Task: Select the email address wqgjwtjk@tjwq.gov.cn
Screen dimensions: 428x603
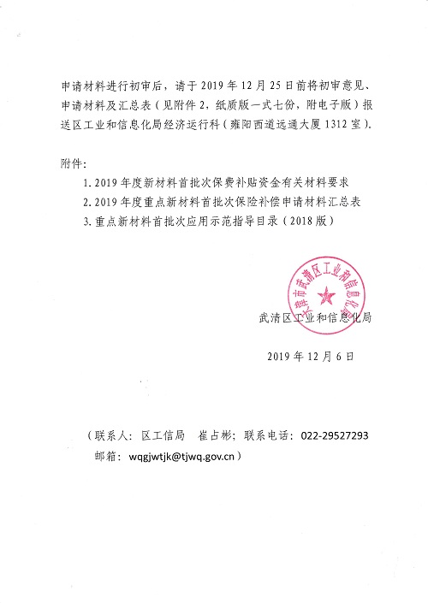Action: click(x=181, y=457)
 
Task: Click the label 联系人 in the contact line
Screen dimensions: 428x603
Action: click(x=112, y=435)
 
